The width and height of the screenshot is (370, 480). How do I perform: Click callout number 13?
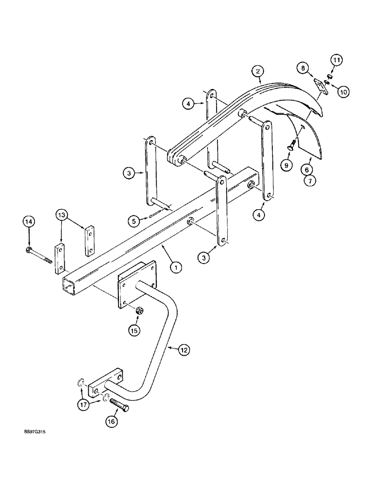tap(62, 214)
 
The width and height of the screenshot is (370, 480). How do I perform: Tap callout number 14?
tap(29, 222)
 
